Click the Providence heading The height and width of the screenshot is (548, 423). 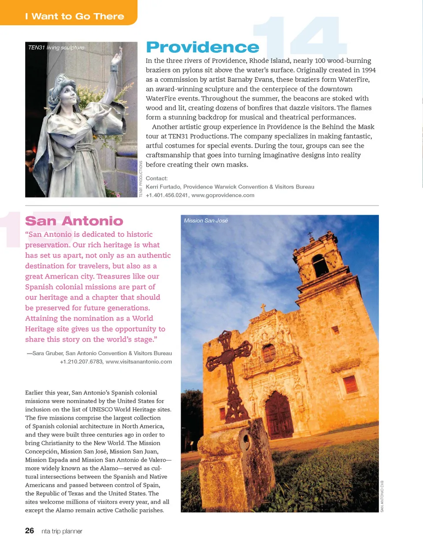click(x=202, y=48)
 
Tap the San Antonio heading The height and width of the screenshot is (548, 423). click(x=74, y=221)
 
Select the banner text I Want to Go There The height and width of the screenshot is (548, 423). click(x=74, y=17)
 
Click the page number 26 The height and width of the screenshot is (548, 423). click(x=30, y=531)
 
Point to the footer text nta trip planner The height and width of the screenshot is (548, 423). click(x=62, y=531)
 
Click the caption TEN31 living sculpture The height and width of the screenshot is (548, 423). click(x=56, y=48)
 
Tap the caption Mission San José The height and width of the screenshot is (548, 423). click(x=206, y=221)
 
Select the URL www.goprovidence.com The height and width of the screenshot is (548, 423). click(x=223, y=195)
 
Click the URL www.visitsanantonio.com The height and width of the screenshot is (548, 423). click(x=139, y=362)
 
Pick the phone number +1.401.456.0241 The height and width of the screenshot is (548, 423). click(x=167, y=195)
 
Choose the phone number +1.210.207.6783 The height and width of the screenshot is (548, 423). click(x=81, y=362)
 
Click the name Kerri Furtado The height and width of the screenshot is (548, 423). click(x=163, y=187)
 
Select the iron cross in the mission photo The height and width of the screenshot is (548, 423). click(x=230, y=370)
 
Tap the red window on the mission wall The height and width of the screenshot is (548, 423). click(x=350, y=384)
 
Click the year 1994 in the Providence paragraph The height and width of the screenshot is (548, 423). click(x=368, y=70)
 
